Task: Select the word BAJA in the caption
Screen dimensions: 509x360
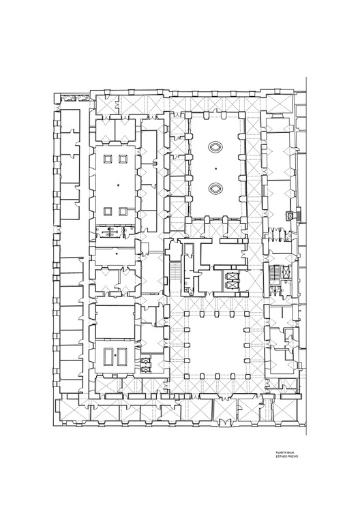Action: coord(292,452)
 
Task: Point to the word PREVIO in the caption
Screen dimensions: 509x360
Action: coord(293,457)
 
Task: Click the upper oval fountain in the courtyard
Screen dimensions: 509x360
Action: coord(215,146)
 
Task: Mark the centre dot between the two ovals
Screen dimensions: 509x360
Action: coord(215,168)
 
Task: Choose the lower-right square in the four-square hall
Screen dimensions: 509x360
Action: coord(123,211)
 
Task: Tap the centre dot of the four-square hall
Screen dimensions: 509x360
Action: coord(117,185)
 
